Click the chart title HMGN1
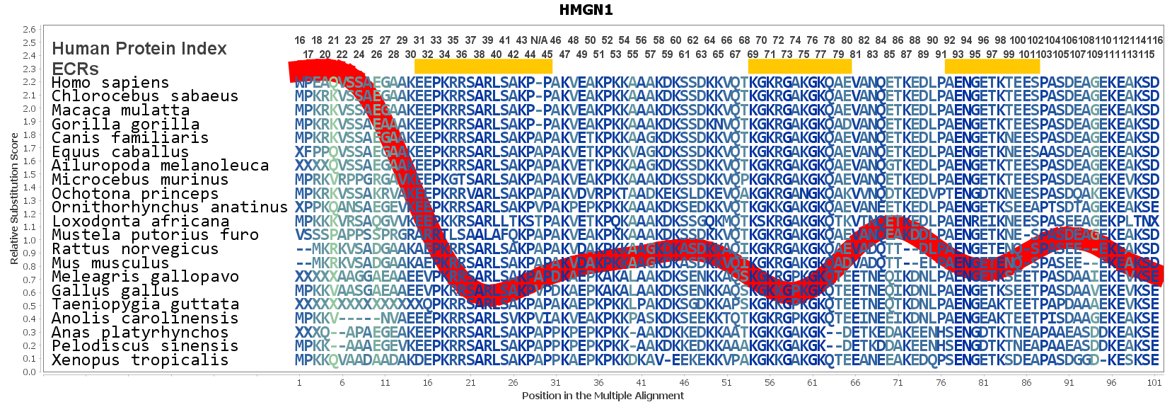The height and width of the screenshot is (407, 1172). click(586, 10)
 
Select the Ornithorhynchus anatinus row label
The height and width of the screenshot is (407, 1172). click(170, 207)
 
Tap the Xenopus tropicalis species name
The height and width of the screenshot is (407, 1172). click(140, 360)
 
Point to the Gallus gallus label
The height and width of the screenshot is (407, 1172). click(115, 291)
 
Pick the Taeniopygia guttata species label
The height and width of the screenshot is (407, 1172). click(145, 304)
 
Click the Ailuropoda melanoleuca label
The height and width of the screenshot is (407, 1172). click(160, 166)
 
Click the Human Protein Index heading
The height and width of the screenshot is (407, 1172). click(139, 49)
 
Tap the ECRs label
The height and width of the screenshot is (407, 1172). click(75, 69)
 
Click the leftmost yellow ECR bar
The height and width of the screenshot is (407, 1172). click(483, 67)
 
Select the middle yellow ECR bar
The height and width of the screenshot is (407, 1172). click(799, 67)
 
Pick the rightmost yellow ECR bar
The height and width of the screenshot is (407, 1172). click(992, 67)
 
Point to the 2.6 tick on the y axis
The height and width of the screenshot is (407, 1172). click(29, 30)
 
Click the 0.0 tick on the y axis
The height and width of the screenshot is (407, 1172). click(29, 372)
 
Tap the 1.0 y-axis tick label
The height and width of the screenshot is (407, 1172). click(29, 240)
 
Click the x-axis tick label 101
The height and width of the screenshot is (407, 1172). click(1154, 383)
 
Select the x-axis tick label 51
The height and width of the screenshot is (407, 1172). click(726, 383)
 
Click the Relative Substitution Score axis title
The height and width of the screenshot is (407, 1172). click(14, 199)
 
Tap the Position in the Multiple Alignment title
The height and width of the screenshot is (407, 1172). click(603, 396)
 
